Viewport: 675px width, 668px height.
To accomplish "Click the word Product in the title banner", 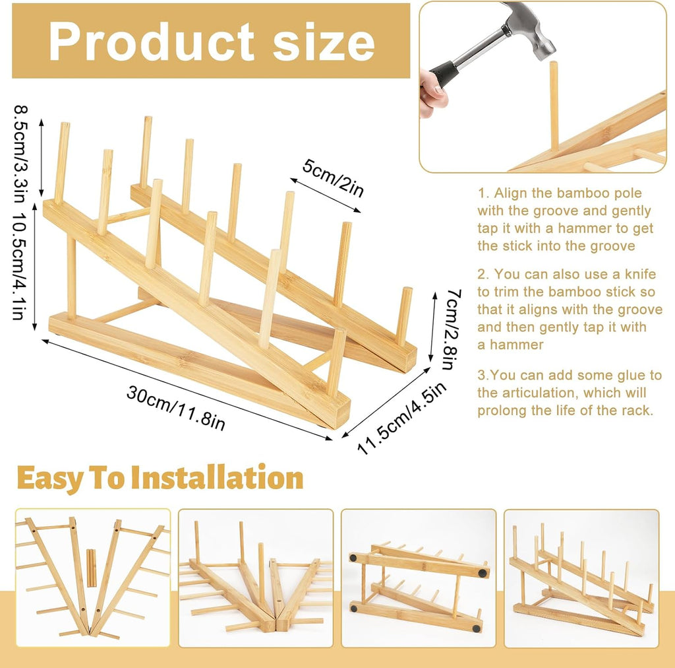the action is point(152,42).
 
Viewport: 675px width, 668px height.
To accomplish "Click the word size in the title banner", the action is point(324,42).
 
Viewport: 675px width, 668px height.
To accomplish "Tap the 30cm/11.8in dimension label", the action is point(175,408).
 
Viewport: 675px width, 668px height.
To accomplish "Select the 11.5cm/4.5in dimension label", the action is point(401,418).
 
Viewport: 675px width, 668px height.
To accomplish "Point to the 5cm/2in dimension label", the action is point(333,178).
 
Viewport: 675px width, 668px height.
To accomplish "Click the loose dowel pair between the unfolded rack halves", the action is point(91,568).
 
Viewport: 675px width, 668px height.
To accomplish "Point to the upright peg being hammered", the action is point(554,107).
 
